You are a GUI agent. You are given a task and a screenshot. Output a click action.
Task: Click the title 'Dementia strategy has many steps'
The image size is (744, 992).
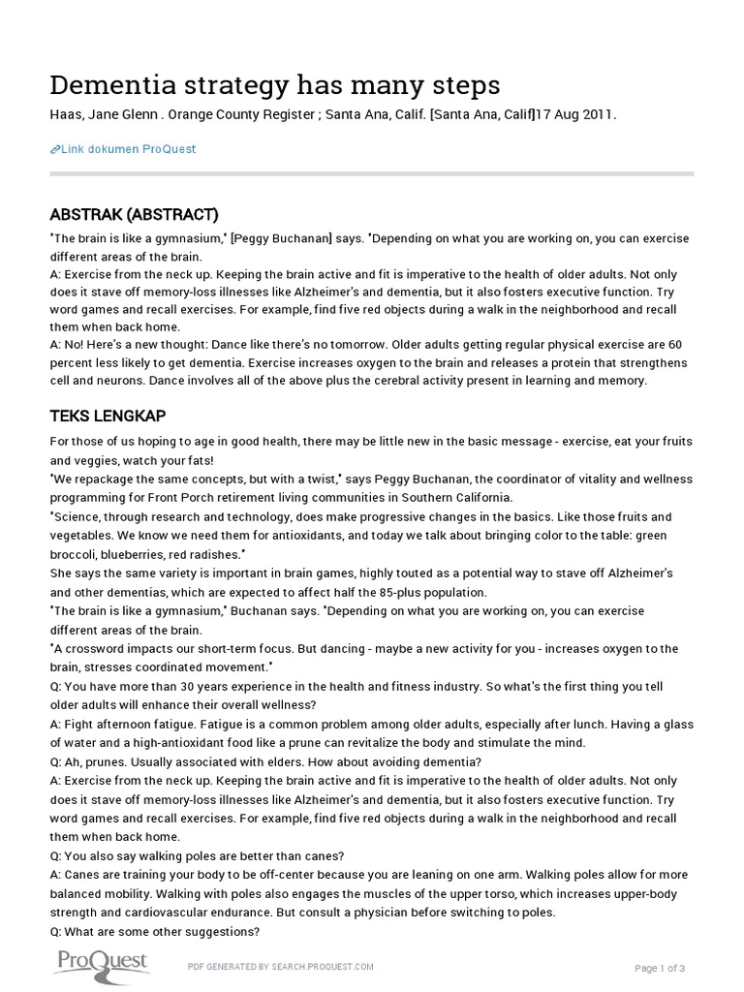(275, 85)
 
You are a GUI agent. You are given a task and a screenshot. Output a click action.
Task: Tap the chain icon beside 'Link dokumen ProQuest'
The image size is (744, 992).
(54, 149)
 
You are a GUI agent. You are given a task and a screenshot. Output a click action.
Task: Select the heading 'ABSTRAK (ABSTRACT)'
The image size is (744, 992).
(134, 214)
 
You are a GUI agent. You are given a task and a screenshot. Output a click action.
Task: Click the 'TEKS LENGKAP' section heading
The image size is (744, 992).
(108, 416)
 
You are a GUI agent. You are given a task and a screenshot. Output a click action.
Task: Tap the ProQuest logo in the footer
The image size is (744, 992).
(100, 963)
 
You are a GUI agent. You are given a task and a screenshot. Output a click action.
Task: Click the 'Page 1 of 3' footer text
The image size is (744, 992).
(660, 968)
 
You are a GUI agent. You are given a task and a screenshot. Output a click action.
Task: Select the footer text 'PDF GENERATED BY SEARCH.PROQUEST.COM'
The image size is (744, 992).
(280, 967)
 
